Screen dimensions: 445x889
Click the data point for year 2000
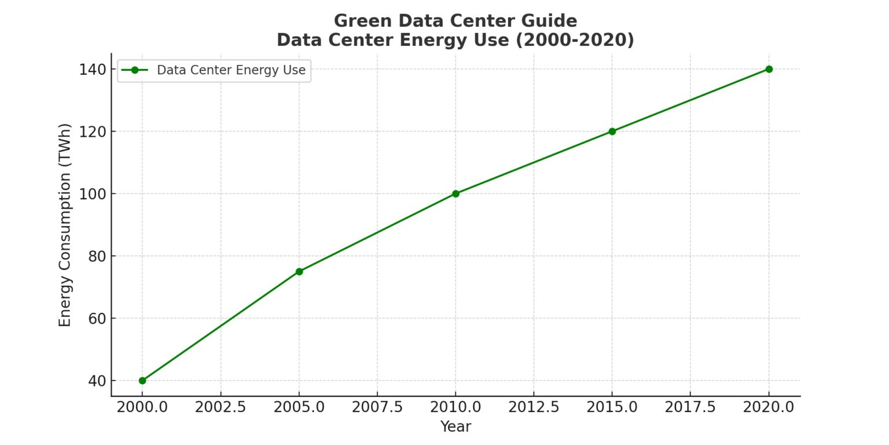click(142, 381)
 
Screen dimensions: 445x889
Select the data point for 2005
click(299, 272)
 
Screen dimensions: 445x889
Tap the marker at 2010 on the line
click(455, 194)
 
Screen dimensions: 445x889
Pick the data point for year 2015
click(612, 132)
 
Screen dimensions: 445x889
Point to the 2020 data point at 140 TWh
click(769, 69)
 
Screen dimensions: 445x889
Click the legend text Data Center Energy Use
click(231, 70)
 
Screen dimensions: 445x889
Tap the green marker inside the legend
click(135, 70)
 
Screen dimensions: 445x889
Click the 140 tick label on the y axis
click(93, 70)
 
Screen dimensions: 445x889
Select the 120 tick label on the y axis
click(93, 132)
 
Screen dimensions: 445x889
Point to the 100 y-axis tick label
click(93, 194)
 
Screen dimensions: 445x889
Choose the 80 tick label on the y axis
click(97, 256)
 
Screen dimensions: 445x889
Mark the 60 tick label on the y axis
click(97, 318)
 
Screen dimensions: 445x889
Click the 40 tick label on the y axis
click(97, 381)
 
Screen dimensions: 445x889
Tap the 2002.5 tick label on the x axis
click(221, 407)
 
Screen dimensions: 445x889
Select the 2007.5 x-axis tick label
click(377, 407)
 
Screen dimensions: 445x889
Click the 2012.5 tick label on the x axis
click(534, 407)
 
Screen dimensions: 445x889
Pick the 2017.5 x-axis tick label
click(690, 407)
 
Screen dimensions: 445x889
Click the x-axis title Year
click(455, 427)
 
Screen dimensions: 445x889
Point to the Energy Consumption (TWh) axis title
click(65, 225)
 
